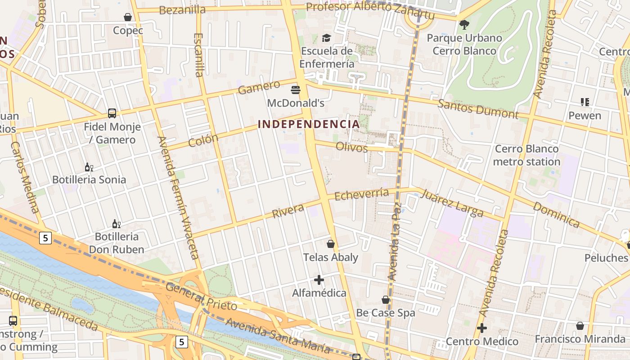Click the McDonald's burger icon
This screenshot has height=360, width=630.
pyautogui.click(x=296, y=90)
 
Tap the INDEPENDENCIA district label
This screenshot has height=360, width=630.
pyautogui.click(x=309, y=124)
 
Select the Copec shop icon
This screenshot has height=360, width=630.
pyautogui.click(x=128, y=18)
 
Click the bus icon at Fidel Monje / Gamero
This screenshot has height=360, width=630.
pyautogui.click(x=112, y=113)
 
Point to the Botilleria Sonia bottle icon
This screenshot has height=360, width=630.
pyautogui.click(x=89, y=167)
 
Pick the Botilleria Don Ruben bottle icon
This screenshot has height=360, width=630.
pyautogui.click(x=116, y=224)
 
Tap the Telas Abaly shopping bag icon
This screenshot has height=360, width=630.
pyautogui.click(x=331, y=244)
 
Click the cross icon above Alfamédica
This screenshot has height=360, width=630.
pyautogui.click(x=319, y=280)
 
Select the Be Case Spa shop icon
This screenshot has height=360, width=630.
pyautogui.click(x=386, y=300)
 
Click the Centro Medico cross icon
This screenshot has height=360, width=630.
pyautogui.click(x=482, y=328)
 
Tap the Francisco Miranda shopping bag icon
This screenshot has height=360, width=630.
pyautogui.click(x=580, y=326)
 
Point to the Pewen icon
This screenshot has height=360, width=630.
pyautogui.click(x=585, y=102)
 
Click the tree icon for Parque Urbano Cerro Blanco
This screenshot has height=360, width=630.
pyautogui.click(x=464, y=25)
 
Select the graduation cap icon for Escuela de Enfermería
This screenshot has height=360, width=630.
pyautogui.click(x=326, y=38)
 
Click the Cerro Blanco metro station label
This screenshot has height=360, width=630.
pyautogui.click(x=526, y=155)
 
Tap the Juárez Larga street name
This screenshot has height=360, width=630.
pyautogui.click(x=451, y=203)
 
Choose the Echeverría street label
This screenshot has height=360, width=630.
pyautogui.click(x=362, y=194)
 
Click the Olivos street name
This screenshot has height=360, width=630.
pyautogui.click(x=351, y=147)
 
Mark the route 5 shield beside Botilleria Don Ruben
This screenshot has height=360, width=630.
pyautogui.click(x=45, y=238)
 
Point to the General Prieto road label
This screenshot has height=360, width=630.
pyautogui.click(x=201, y=297)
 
